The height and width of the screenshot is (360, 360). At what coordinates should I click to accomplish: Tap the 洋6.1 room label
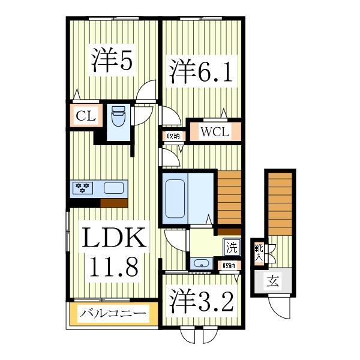pos(199,71)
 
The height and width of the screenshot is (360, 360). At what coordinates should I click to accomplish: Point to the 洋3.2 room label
pos(200,301)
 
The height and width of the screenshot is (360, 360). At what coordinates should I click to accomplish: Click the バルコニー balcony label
pos(113,313)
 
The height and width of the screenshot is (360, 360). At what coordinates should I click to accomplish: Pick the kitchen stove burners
pos(83,188)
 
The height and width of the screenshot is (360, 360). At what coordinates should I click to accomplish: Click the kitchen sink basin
pos(113,188)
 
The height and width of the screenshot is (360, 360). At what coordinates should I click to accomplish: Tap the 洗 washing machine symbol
pos(232,247)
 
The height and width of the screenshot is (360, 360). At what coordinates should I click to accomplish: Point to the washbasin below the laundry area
pos(200,263)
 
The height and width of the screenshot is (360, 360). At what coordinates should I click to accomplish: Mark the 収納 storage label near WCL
pos(173,136)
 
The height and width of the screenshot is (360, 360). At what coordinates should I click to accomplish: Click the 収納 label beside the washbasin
pos(229,265)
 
